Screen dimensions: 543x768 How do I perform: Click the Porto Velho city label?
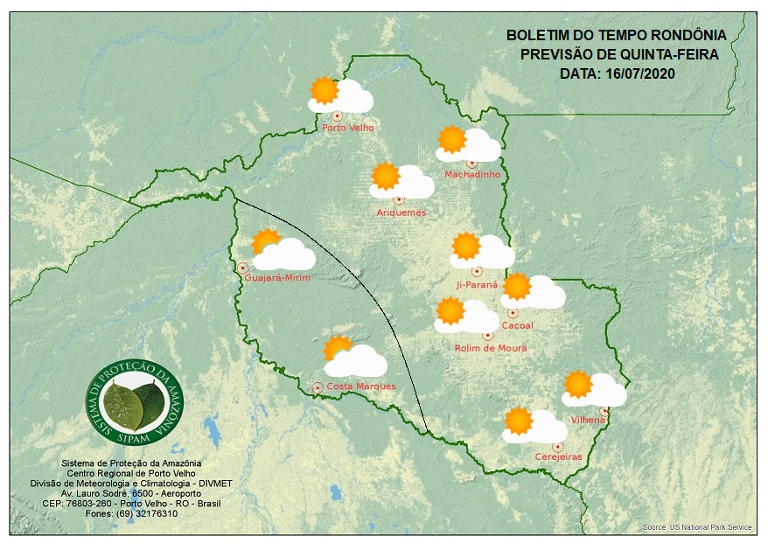click(x=348, y=128)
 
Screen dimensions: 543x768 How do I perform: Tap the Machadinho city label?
click(x=472, y=175)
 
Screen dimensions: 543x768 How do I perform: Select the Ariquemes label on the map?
click(x=401, y=212)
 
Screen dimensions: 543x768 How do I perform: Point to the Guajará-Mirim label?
click(x=278, y=278)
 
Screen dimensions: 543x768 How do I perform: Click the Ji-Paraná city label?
click(x=477, y=285)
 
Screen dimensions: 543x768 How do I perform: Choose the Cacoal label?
click(x=518, y=326)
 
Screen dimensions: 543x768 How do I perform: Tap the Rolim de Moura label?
click(x=491, y=348)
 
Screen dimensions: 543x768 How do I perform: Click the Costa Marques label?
click(x=361, y=386)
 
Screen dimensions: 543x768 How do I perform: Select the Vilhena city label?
click(x=588, y=421)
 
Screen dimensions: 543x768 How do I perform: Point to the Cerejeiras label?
click(x=558, y=457)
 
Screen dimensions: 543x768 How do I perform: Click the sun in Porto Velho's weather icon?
click(x=325, y=90)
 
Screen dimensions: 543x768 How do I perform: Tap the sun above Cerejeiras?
click(x=519, y=421)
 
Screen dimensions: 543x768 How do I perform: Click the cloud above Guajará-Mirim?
click(x=285, y=255)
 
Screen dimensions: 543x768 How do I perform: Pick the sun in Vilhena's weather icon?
click(x=578, y=384)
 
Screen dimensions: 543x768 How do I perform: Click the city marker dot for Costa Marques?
click(x=318, y=386)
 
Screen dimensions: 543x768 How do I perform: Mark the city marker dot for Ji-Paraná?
click(x=477, y=271)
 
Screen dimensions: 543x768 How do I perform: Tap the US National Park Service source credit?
click(x=697, y=528)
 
